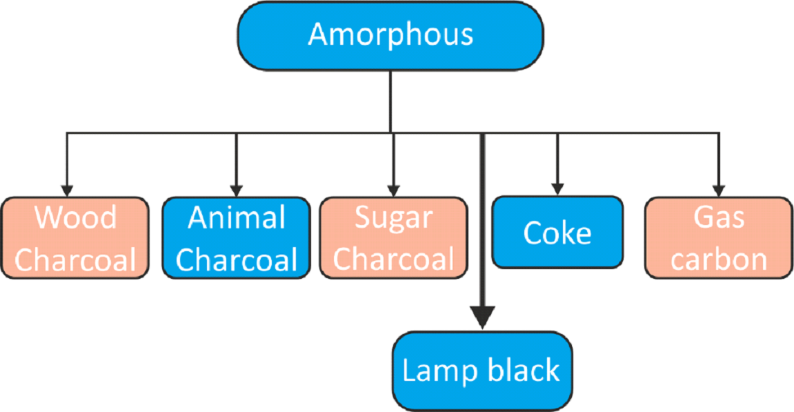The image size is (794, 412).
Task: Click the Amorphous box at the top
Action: point(390,35)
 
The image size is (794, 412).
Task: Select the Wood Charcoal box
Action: point(75,238)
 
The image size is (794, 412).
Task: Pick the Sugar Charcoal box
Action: point(394,238)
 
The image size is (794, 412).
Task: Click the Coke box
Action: point(557,233)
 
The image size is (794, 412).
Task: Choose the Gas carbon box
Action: point(719,238)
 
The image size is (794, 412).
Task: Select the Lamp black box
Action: point(482,370)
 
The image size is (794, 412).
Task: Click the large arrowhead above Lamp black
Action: point(482,317)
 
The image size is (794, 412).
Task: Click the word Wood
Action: point(76,218)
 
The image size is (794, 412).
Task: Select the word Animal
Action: point(237,219)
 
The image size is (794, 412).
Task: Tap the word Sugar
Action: point(394,218)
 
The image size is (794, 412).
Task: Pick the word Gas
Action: point(719,218)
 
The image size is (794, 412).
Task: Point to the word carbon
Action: point(719,259)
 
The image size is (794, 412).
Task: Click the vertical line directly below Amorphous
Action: point(390,100)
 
